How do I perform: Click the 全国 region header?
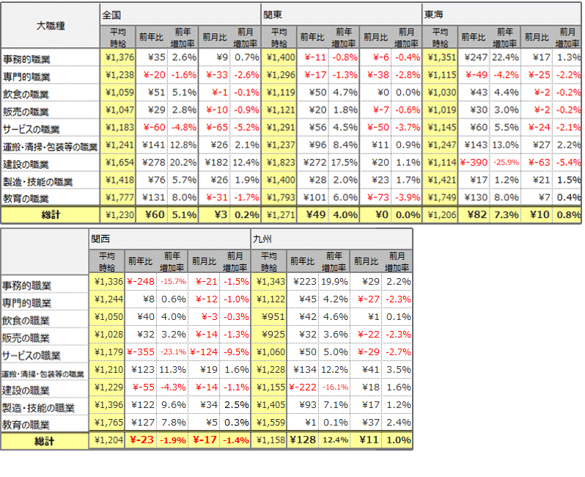click(113, 15)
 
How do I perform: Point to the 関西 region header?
click(101, 239)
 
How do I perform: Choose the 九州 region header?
click(262, 239)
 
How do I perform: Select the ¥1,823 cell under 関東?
click(281, 163)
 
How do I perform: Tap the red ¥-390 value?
click(476, 163)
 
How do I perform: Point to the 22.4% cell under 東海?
click(507, 57)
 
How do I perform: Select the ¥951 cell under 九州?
click(272, 317)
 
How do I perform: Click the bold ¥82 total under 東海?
click(472, 215)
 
